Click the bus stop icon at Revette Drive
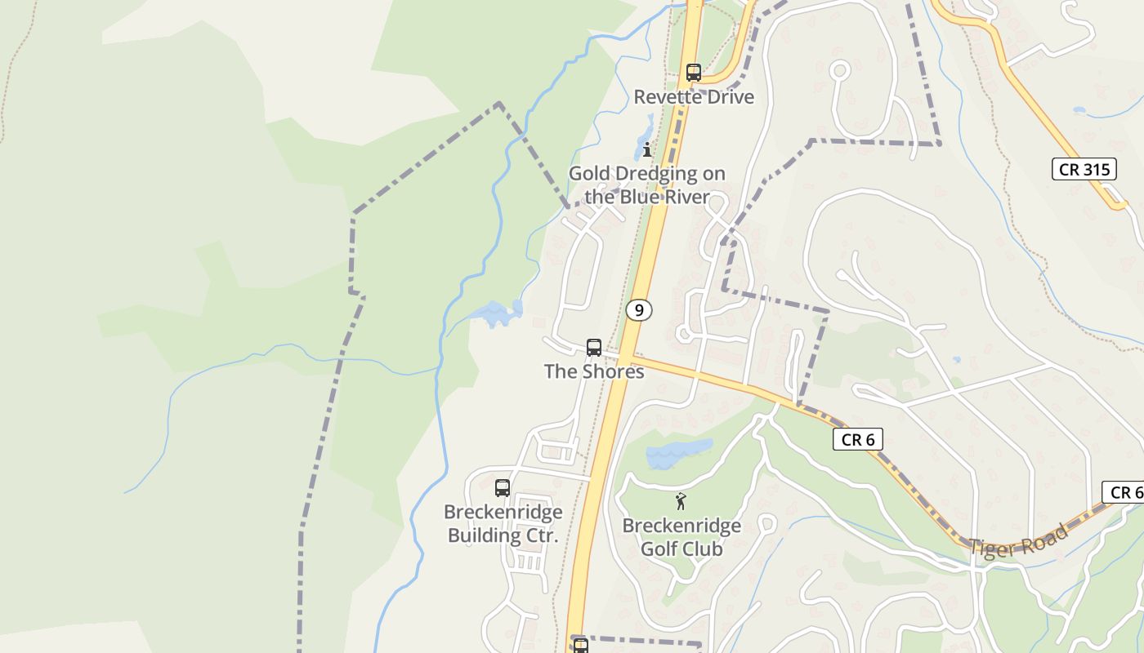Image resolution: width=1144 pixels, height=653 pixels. [x=694, y=73]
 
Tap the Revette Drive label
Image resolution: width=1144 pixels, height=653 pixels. [x=694, y=97]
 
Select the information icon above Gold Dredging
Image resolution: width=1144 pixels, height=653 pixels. [x=647, y=149]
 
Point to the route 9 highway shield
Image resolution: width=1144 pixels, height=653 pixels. [x=639, y=310]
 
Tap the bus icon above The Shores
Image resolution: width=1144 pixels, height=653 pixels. [x=594, y=347]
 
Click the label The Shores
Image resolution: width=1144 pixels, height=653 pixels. [x=594, y=371]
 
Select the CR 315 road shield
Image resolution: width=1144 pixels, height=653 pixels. [x=1084, y=170]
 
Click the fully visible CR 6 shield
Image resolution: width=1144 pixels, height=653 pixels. [x=858, y=440]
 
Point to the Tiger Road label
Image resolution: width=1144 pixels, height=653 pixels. [x=1019, y=542]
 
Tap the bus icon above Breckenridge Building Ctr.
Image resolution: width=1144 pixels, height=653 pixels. [x=503, y=488]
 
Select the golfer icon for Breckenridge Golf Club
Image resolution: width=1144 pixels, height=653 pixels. [x=681, y=501]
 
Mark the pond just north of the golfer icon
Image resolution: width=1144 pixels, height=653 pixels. [x=678, y=454]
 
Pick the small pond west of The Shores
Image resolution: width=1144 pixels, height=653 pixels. [x=496, y=313]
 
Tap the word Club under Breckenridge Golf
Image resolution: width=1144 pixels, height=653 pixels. [x=703, y=549]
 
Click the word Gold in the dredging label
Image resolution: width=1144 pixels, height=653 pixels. [x=589, y=174]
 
